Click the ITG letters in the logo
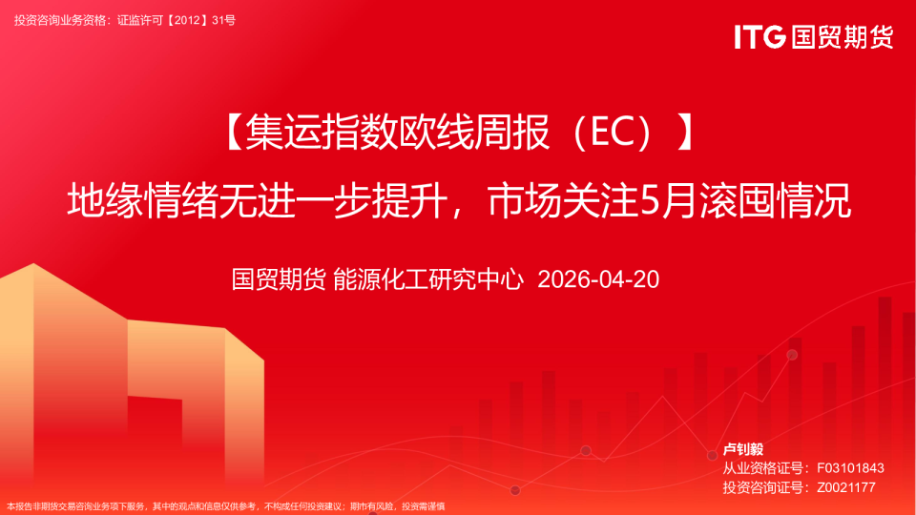tap(760, 37)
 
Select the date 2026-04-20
tap(599, 279)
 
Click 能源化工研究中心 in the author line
tap(429, 279)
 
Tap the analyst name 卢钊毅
tap(743, 449)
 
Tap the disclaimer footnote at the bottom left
tap(225, 506)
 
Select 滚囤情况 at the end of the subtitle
tap(773, 201)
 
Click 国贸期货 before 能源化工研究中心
tap(279, 279)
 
